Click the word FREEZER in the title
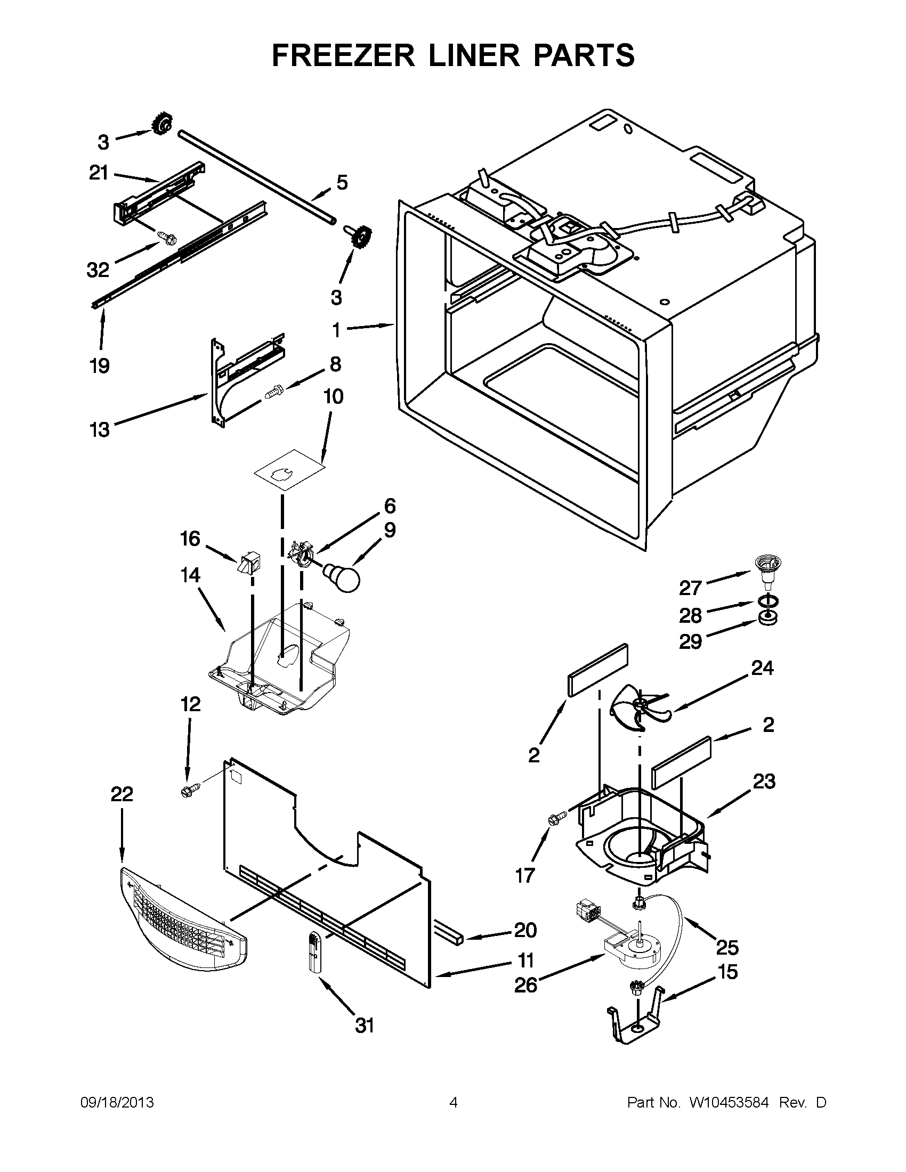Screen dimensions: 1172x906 click(343, 55)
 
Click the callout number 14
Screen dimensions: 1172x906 click(190, 575)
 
